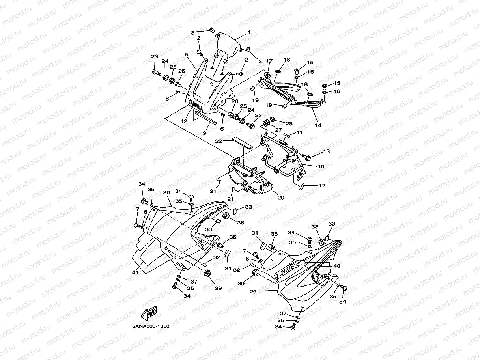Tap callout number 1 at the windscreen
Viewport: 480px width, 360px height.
point(249,32)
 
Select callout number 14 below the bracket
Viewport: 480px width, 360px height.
point(318,125)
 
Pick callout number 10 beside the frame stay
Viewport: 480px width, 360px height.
point(321,167)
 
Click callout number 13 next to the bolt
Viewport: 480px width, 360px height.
point(326,151)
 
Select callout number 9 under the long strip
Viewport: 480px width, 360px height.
point(204,133)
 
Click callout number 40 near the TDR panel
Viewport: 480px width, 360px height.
point(336,266)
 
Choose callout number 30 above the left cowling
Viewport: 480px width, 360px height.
point(166,192)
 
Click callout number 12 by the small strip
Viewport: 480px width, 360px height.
point(322,185)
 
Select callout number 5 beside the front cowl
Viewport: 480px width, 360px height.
point(186,55)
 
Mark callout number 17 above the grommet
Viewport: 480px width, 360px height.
point(269,61)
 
